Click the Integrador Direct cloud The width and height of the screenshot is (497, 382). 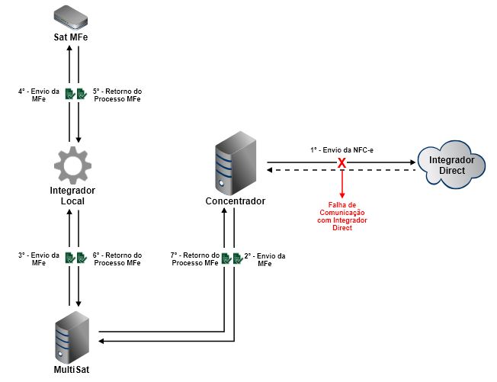coord(452,165)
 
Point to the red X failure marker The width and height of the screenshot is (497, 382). coord(343,164)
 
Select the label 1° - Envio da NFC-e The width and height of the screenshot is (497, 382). coord(342,151)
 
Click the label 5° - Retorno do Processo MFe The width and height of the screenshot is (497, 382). coord(117,95)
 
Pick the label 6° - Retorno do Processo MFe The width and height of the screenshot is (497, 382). coord(117,259)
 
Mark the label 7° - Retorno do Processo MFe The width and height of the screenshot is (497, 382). coord(195,259)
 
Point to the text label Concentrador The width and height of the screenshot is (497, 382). coord(236,201)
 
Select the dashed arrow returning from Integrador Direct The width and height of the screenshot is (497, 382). coord(381,170)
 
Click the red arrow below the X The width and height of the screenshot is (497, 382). coord(343,183)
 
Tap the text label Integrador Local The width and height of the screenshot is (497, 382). coord(74,196)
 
